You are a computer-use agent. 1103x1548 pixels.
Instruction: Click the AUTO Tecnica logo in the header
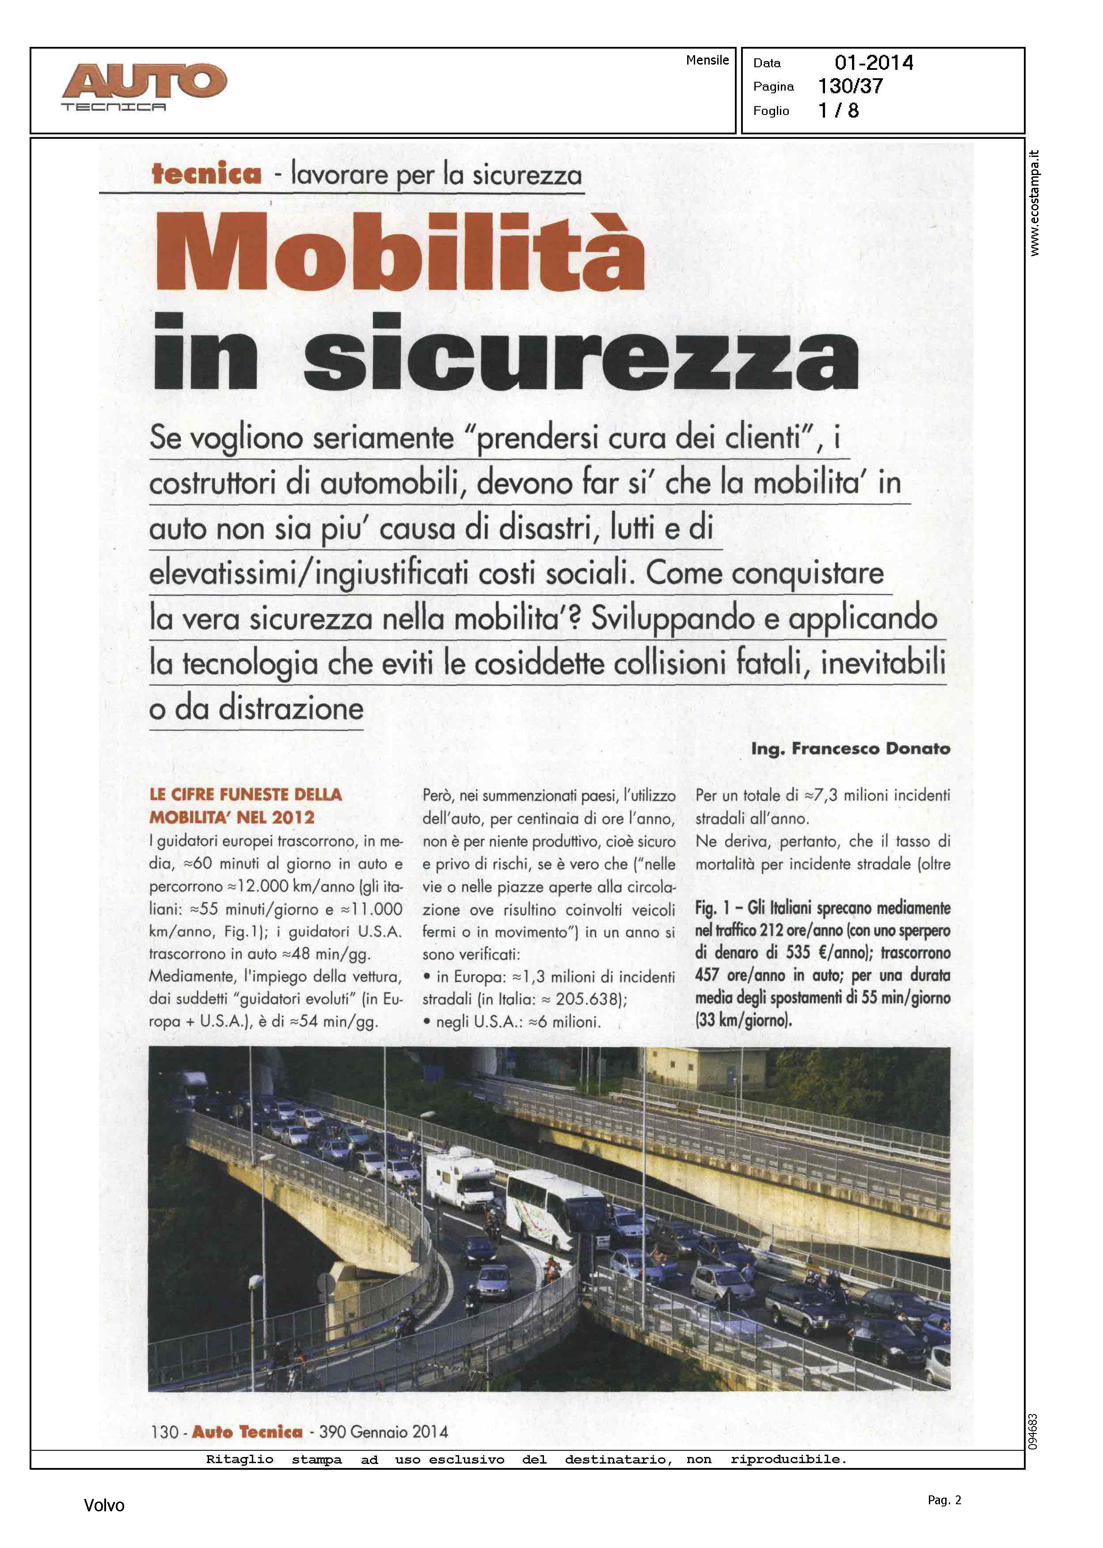144,86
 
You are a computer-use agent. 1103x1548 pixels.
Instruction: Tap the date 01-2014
874,63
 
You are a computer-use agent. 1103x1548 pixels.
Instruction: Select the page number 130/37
850,86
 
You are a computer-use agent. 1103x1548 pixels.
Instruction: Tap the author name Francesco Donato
871,748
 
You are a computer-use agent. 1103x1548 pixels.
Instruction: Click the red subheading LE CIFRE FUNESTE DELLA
245,794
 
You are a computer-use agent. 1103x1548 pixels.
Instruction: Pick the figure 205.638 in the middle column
589,999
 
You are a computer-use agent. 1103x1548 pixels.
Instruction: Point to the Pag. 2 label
944,1500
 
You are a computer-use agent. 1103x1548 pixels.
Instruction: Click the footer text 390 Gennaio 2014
383,1432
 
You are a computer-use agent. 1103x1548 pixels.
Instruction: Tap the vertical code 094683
1033,1432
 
